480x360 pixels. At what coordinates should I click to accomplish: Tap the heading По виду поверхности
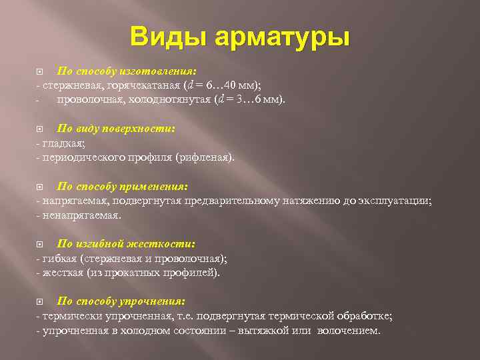[116, 129]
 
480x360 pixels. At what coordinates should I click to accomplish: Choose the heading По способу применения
[123, 187]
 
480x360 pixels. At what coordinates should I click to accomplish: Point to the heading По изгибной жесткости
[126, 244]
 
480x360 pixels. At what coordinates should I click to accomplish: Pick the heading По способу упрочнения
[121, 301]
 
